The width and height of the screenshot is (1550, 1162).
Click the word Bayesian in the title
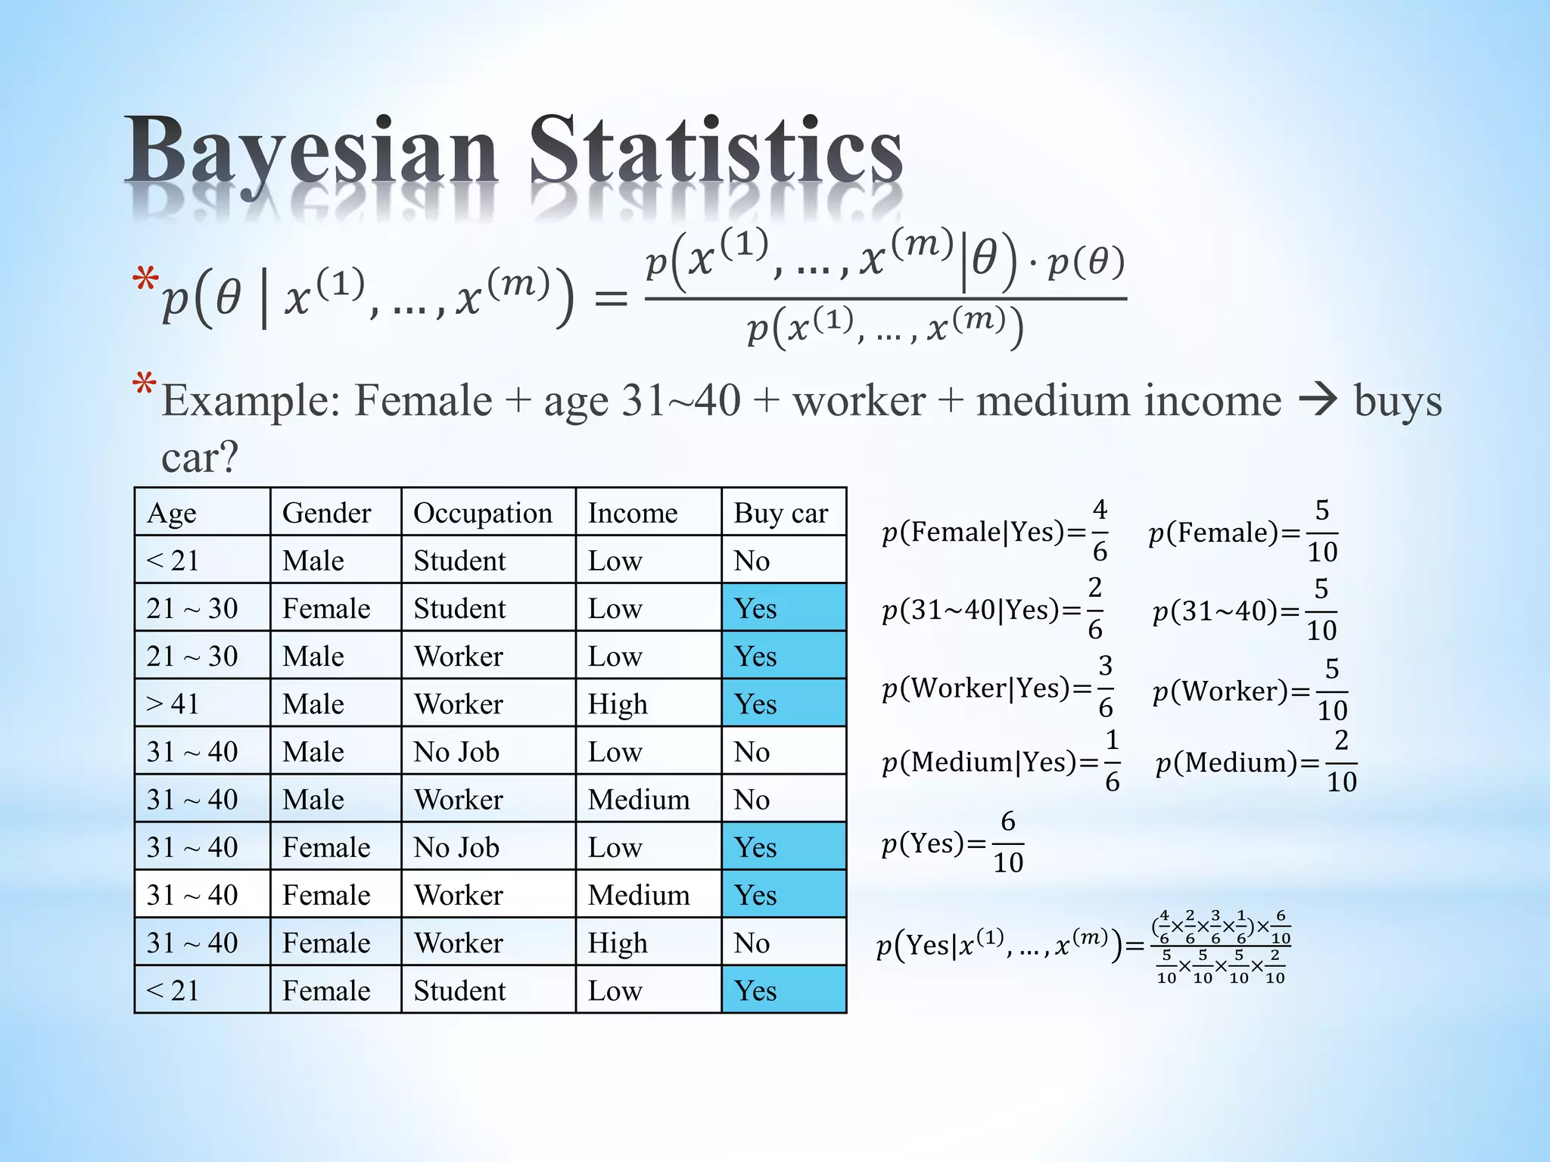[310, 151]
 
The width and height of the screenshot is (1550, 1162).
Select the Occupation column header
[483, 513]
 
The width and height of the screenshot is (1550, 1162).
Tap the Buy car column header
[781, 513]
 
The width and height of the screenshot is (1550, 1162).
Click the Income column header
[633, 513]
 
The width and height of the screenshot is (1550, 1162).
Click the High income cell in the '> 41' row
[618, 704]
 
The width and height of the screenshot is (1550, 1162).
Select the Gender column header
[326, 513]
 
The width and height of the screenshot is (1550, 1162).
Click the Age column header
[172, 513]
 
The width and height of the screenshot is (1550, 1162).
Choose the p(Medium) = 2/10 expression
[1256, 762]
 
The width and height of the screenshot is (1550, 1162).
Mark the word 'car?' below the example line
[200, 456]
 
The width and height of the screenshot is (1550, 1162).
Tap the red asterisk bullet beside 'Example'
[144, 384]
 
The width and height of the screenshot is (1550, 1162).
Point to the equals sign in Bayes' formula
[611, 299]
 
